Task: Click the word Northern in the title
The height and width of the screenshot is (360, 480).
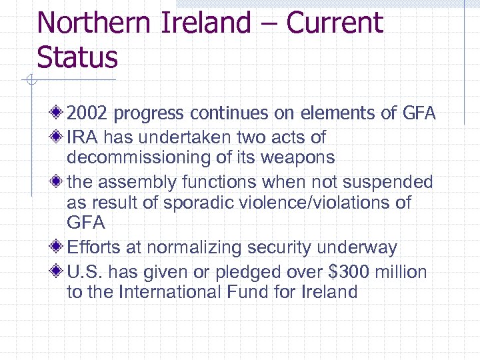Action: pos(93,23)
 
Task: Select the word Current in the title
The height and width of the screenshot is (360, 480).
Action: pos(335,23)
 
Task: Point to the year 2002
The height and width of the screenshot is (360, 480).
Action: pos(88,114)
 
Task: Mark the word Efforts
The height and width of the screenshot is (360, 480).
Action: pos(93,248)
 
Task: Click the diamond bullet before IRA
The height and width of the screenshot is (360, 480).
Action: pos(59,137)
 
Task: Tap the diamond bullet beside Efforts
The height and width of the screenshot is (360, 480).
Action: pos(59,247)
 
